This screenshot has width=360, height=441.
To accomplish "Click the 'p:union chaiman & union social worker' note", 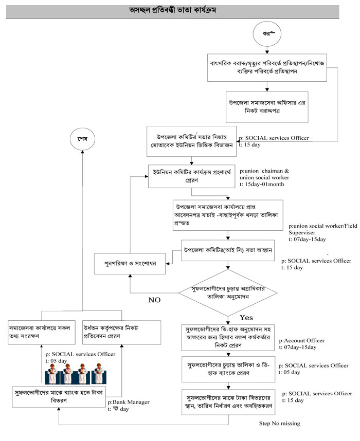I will point(267,173).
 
